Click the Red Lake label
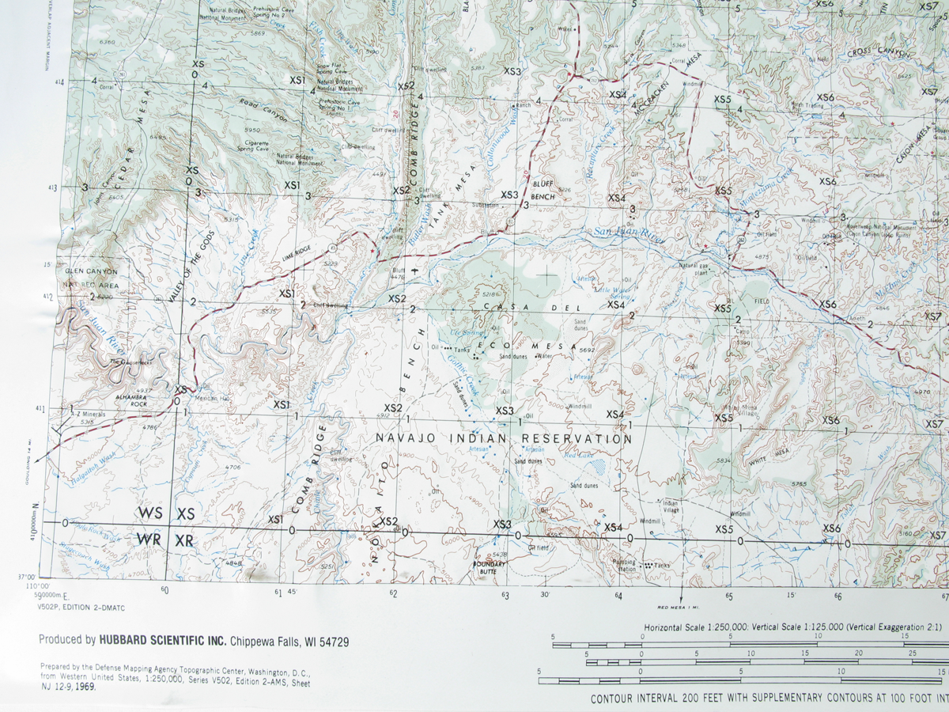[x=578, y=455]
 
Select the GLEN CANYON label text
[x=91, y=271]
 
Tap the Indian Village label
[x=670, y=506]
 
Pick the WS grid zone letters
[x=149, y=514]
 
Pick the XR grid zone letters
[x=184, y=540]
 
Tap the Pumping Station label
[x=624, y=565]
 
